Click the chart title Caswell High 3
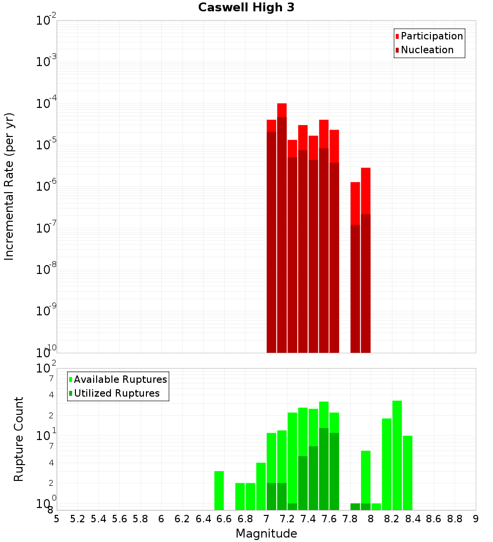coord(246,8)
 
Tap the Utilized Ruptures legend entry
coord(116,393)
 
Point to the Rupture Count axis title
coord(19,439)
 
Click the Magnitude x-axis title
coord(266,534)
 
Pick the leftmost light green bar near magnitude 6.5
coord(219,490)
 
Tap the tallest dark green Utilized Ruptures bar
coord(324,468)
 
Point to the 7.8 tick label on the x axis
coord(350,519)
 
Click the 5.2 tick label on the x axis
coord(77,519)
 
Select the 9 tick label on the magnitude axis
coord(476,519)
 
